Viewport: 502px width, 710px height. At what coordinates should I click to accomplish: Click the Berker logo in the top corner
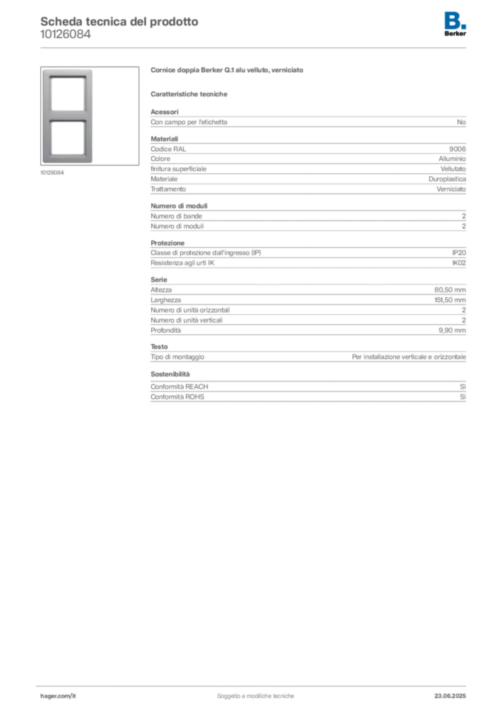(455, 24)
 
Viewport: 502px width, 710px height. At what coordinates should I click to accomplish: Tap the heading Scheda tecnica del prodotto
(119, 21)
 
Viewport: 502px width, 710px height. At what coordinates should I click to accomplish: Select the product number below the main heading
(66, 34)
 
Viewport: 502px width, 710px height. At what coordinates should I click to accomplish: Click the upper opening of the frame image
(68, 94)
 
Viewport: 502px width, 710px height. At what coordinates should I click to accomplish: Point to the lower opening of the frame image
(68, 137)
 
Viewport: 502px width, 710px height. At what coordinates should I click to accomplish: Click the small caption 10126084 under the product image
(52, 173)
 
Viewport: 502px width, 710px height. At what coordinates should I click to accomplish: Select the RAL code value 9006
(457, 149)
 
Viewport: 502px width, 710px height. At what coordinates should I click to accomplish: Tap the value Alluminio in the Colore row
(452, 159)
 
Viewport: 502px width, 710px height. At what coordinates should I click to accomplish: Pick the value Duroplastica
(447, 179)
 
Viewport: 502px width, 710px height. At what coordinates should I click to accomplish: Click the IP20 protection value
(458, 252)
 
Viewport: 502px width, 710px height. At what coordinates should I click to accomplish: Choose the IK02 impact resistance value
(458, 263)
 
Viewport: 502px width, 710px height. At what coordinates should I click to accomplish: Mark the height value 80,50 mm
(450, 290)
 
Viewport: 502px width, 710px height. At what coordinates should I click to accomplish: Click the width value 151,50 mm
(450, 300)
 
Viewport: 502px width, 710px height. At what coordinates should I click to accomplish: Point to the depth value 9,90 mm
(452, 330)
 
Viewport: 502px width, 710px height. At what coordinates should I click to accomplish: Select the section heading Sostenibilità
(170, 374)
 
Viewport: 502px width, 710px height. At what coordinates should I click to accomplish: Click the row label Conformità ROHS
(178, 397)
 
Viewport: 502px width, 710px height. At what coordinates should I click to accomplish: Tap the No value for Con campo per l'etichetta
(461, 122)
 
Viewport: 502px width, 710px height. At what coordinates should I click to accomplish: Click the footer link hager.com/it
(58, 696)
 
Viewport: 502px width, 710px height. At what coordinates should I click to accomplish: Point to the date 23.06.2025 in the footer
(450, 696)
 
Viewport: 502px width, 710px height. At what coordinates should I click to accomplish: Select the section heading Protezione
(168, 243)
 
